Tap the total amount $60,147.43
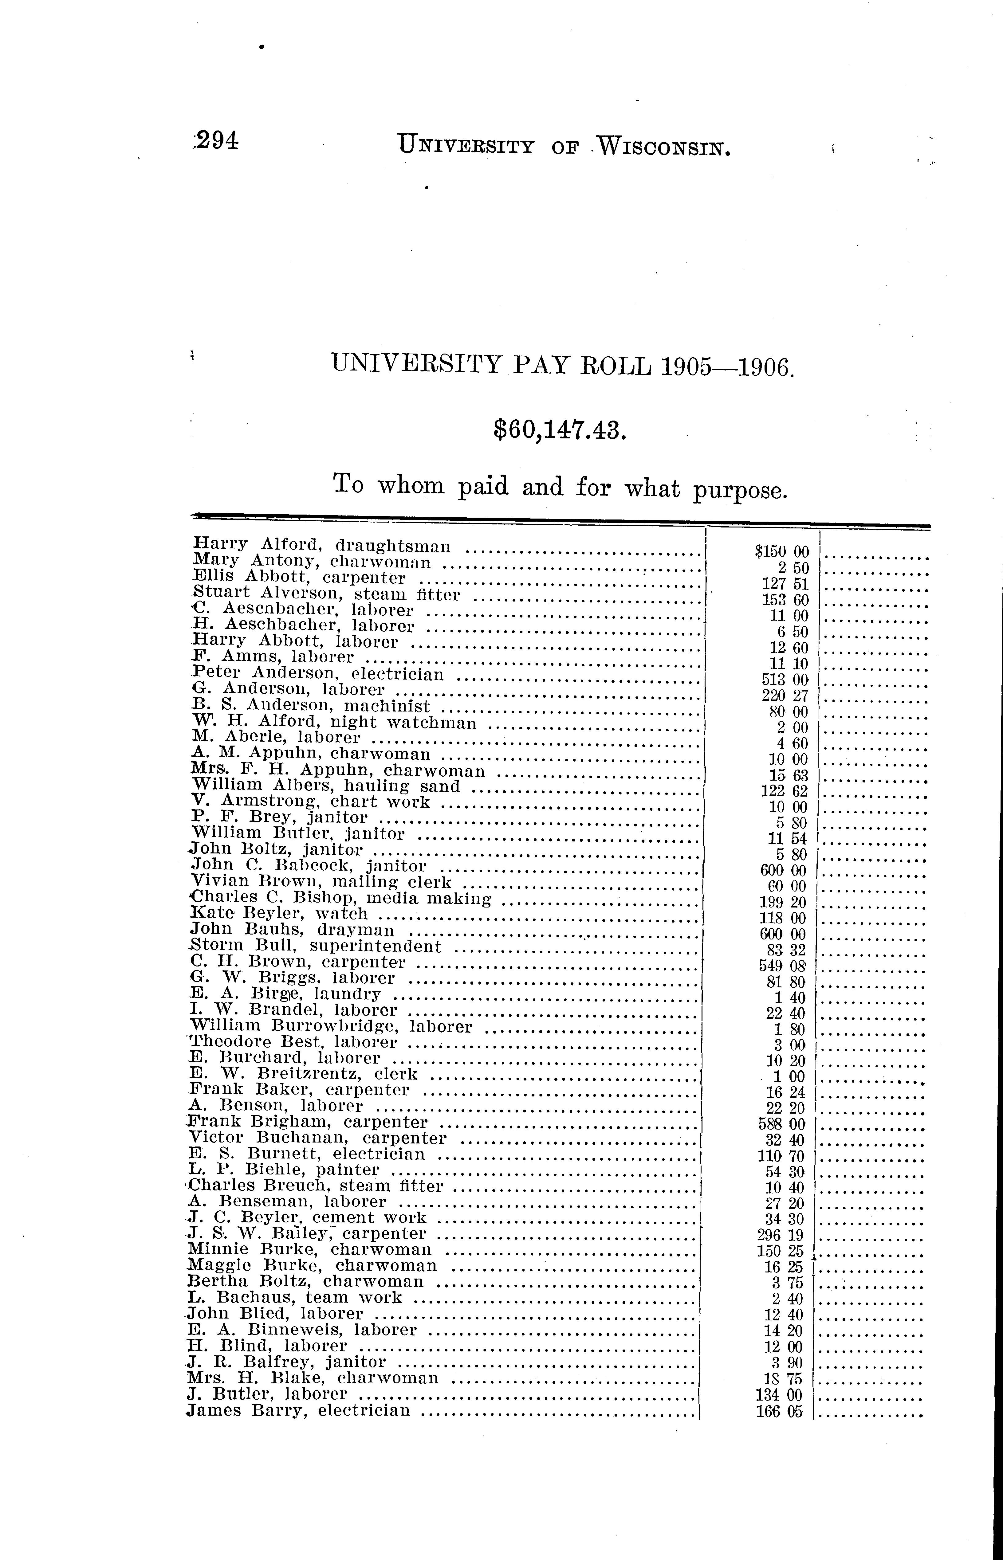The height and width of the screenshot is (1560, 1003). [560, 430]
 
